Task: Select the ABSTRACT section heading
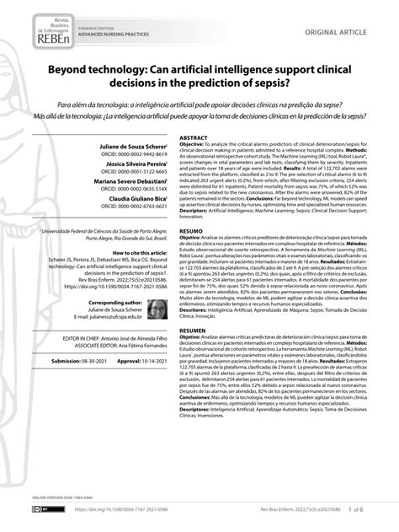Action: click(x=194, y=137)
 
